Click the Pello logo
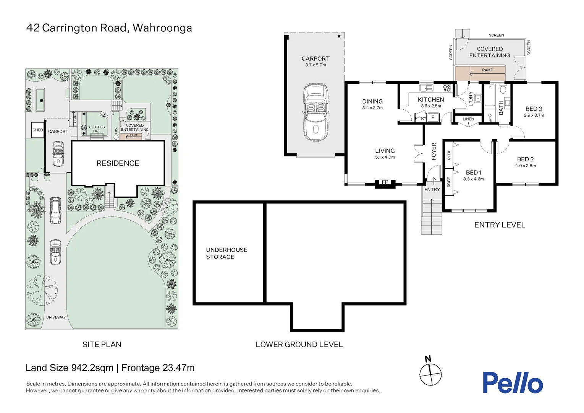pos(512,383)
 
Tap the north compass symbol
pos(430,374)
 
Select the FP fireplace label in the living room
pos(385,182)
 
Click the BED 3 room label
pos(534,109)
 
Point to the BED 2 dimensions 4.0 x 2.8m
pos(525,166)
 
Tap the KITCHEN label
pos(431,99)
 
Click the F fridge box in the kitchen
pos(433,118)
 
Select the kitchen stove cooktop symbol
pos(447,88)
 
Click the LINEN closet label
pos(468,119)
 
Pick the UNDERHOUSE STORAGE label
pos(226,253)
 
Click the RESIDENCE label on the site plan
pos(118,163)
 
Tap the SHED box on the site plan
pos(38,130)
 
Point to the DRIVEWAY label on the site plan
pos(56,317)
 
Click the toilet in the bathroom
pos(503,90)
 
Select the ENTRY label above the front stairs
pos(432,190)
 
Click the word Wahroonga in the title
pos(162,28)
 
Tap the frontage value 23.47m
pos(178,368)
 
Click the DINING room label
pos(372,101)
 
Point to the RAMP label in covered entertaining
pos(487,70)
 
